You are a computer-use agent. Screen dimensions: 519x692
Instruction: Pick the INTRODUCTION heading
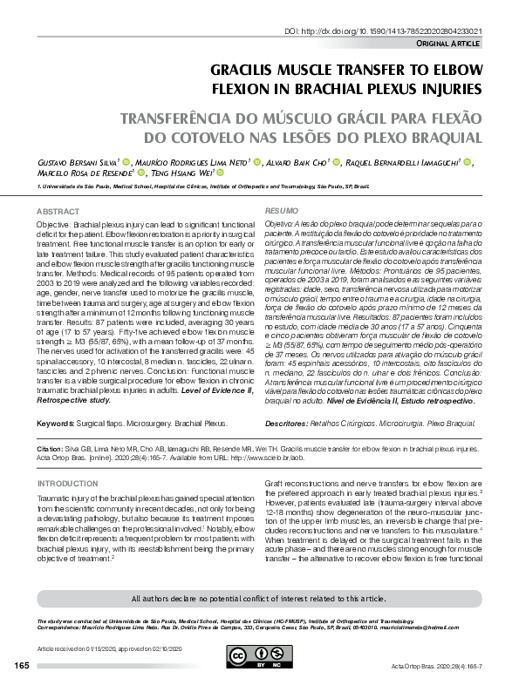(x=67, y=483)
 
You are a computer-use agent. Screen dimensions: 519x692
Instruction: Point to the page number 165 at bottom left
(x=23, y=666)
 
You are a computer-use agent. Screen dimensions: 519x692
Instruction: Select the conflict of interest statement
(x=258, y=599)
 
